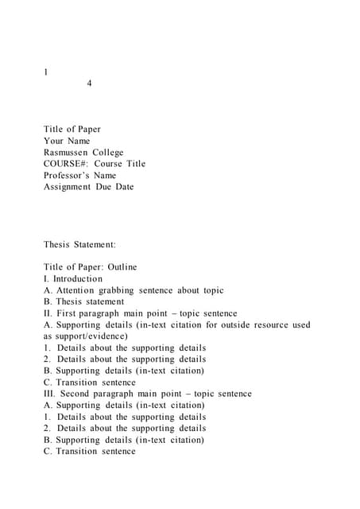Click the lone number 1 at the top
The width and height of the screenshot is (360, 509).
(x=46, y=72)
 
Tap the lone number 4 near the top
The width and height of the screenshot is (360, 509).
(x=89, y=84)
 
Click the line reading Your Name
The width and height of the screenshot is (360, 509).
(x=67, y=141)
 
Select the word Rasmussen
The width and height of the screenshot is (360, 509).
(x=65, y=152)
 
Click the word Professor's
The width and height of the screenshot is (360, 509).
(x=68, y=175)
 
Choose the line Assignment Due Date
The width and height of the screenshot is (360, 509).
(x=89, y=187)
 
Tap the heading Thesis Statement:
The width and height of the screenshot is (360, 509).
(x=79, y=244)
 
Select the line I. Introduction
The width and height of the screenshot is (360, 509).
(x=73, y=279)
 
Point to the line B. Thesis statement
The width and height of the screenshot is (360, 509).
(x=84, y=301)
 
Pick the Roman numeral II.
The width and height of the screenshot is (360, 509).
(x=48, y=313)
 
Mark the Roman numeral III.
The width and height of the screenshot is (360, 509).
(x=49, y=394)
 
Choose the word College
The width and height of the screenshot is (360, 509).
(x=108, y=152)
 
